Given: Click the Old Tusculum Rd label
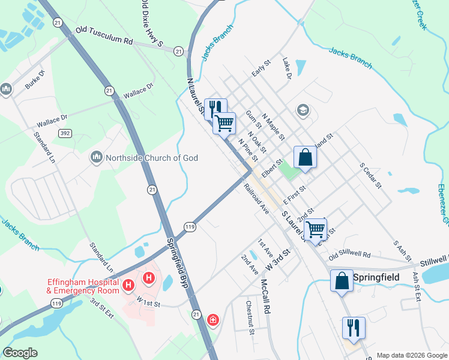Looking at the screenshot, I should pos(104,35).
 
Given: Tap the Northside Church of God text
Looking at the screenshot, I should pos(152,158).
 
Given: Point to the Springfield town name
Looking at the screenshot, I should pos(377,278).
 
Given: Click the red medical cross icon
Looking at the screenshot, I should pos(212,321).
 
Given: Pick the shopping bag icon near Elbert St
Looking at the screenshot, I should pos(305,157).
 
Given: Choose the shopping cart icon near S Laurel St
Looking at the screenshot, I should pos(316,229).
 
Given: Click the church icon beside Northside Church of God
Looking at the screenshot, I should pos(96,158).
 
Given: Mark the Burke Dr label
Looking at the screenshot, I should pos(35,80).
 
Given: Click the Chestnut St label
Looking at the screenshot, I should pos(250,322).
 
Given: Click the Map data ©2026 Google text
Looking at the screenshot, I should pos(412,355).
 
